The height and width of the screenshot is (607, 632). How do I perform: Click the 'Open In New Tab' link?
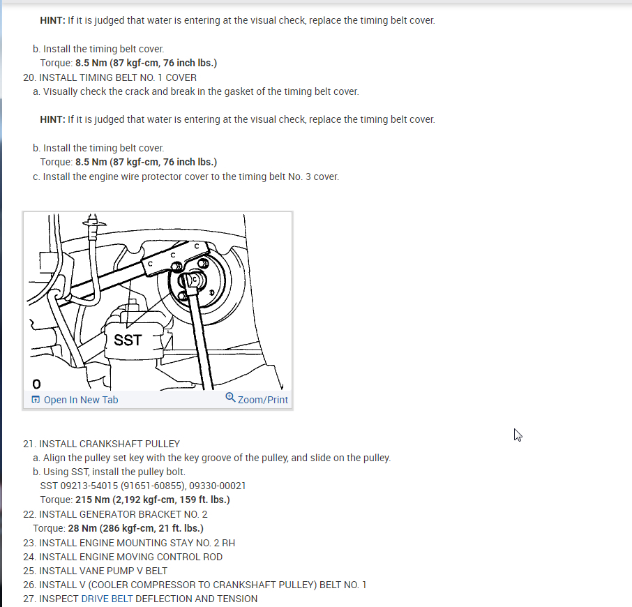(x=81, y=400)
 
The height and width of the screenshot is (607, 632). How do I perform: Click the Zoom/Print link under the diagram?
(x=263, y=400)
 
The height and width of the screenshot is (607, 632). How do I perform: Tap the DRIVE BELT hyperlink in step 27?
(x=107, y=599)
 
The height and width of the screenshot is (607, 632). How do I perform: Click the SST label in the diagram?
(x=128, y=340)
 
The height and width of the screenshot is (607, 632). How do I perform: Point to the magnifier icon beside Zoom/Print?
(x=230, y=398)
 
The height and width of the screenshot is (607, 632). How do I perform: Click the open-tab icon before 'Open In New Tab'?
(x=36, y=399)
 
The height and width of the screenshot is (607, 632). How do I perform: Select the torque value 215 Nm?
(x=92, y=500)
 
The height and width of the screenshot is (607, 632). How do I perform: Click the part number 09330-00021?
(x=217, y=486)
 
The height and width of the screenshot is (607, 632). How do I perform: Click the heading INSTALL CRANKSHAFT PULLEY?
(x=110, y=444)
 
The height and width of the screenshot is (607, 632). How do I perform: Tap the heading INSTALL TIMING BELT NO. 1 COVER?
(x=118, y=77)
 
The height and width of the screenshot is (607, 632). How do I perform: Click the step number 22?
(x=29, y=514)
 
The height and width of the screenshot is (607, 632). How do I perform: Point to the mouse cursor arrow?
(x=518, y=435)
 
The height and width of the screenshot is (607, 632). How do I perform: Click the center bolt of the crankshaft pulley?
(x=195, y=279)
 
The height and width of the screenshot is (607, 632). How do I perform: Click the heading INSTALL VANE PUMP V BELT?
(x=103, y=571)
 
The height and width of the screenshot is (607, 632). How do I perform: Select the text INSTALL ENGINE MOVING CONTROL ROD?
(x=130, y=557)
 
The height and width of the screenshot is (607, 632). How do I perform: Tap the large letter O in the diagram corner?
(x=36, y=384)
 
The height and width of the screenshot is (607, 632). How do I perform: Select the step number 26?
(x=29, y=585)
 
